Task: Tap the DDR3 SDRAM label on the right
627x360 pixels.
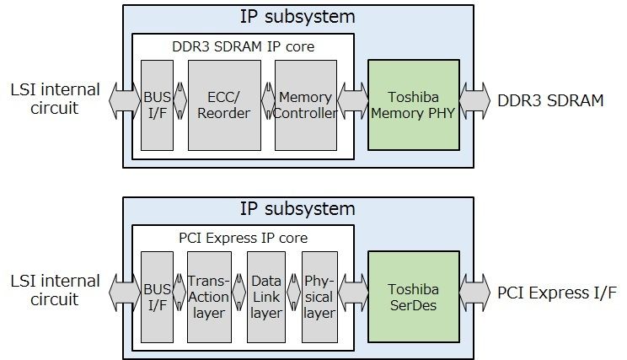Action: pos(550,101)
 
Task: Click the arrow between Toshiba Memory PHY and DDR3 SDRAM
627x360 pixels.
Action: pos(475,101)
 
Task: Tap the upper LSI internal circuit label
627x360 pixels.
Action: pos(56,98)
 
